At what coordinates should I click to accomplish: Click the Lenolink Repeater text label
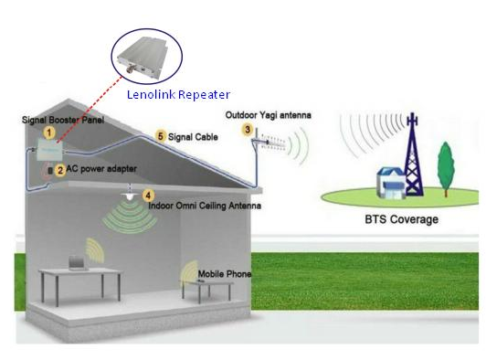(x=178, y=94)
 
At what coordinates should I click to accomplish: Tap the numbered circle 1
(x=49, y=132)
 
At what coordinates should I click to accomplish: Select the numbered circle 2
(x=60, y=169)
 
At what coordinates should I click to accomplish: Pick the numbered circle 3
(x=247, y=130)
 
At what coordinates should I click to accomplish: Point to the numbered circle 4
(x=149, y=194)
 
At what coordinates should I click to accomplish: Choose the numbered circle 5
(x=161, y=136)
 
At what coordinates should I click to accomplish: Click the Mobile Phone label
(x=224, y=274)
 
